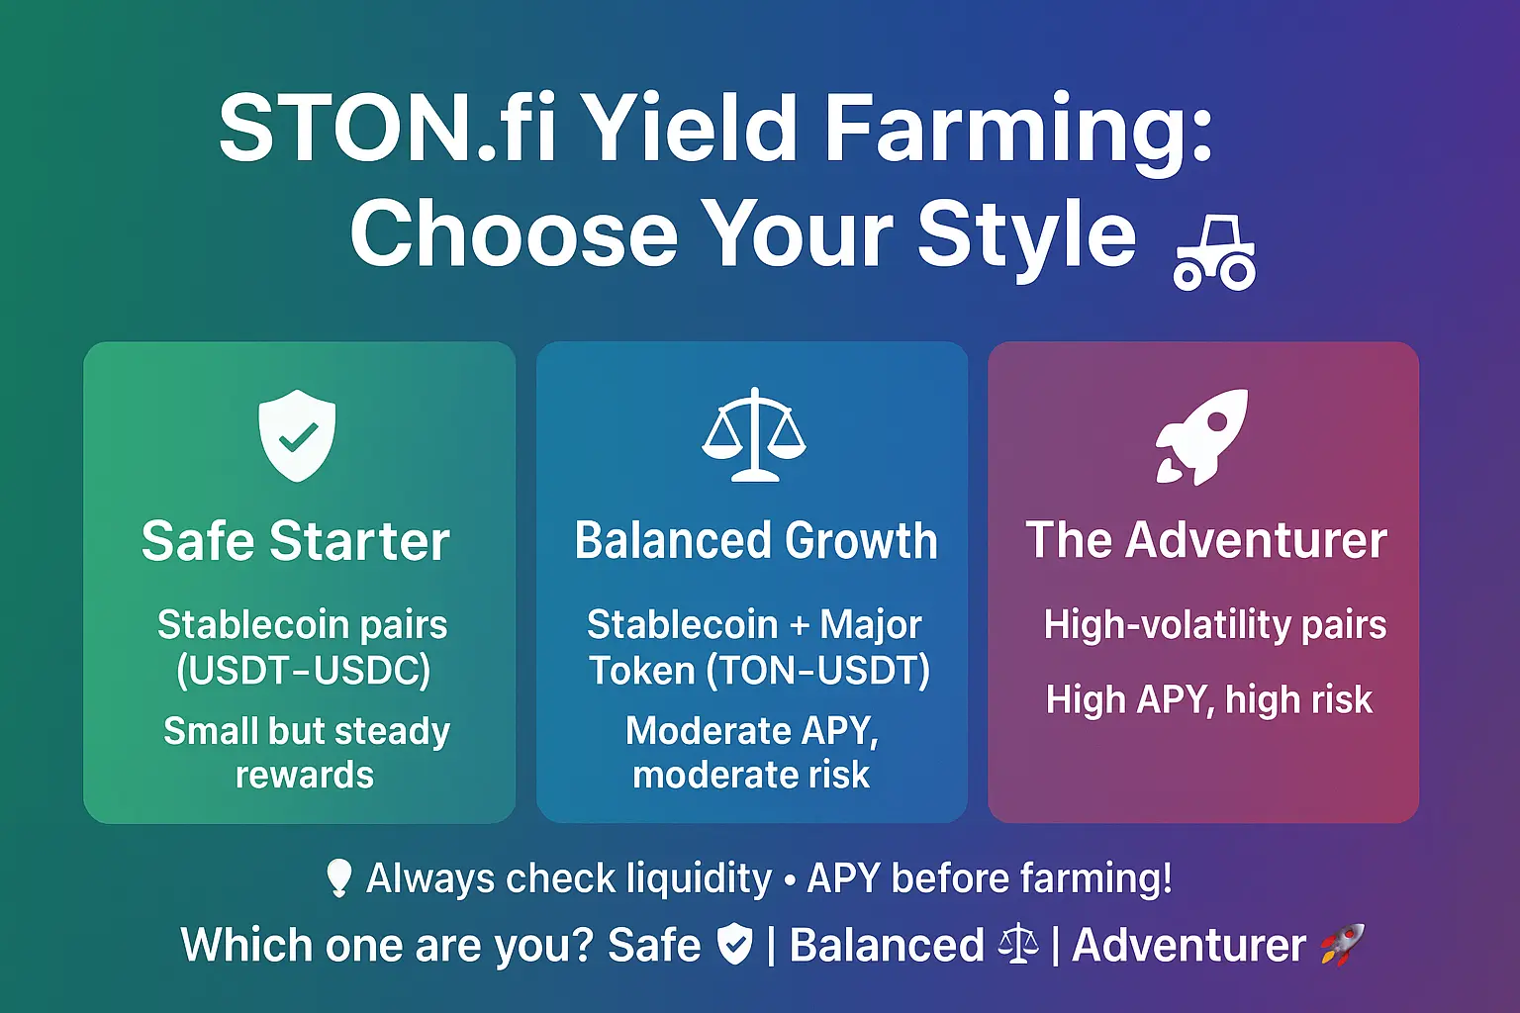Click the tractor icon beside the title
(1214, 254)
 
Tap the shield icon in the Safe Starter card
(297, 435)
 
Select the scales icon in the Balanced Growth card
(754, 434)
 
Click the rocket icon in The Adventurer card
(1201, 436)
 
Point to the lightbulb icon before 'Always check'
(338, 878)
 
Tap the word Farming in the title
(1017, 135)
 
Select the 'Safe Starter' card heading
(296, 541)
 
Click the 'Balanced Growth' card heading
(756, 540)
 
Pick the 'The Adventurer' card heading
(1206, 540)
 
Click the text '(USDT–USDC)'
(304, 671)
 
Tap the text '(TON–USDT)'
(818, 671)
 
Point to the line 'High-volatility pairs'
(1215, 624)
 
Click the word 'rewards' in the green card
(305, 775)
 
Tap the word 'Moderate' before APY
(708, 731)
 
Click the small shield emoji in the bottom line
(735, 944)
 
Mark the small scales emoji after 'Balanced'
(1018, 945)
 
